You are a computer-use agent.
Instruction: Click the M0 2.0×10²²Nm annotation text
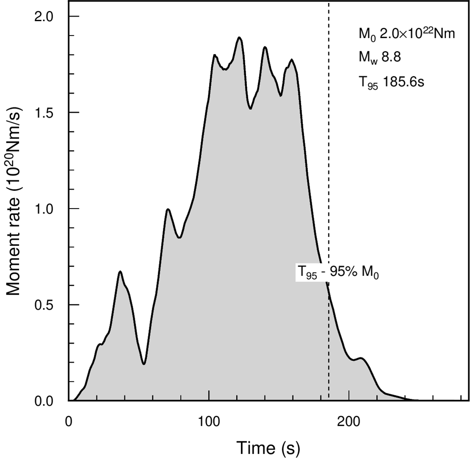click(406, 33)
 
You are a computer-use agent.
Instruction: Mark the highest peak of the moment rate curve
click(240, 37)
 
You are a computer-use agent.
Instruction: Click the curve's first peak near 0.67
click(120, 271)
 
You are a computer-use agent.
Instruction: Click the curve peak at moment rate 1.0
click(168, 209)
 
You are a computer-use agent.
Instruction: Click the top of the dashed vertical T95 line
click(329, 3)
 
